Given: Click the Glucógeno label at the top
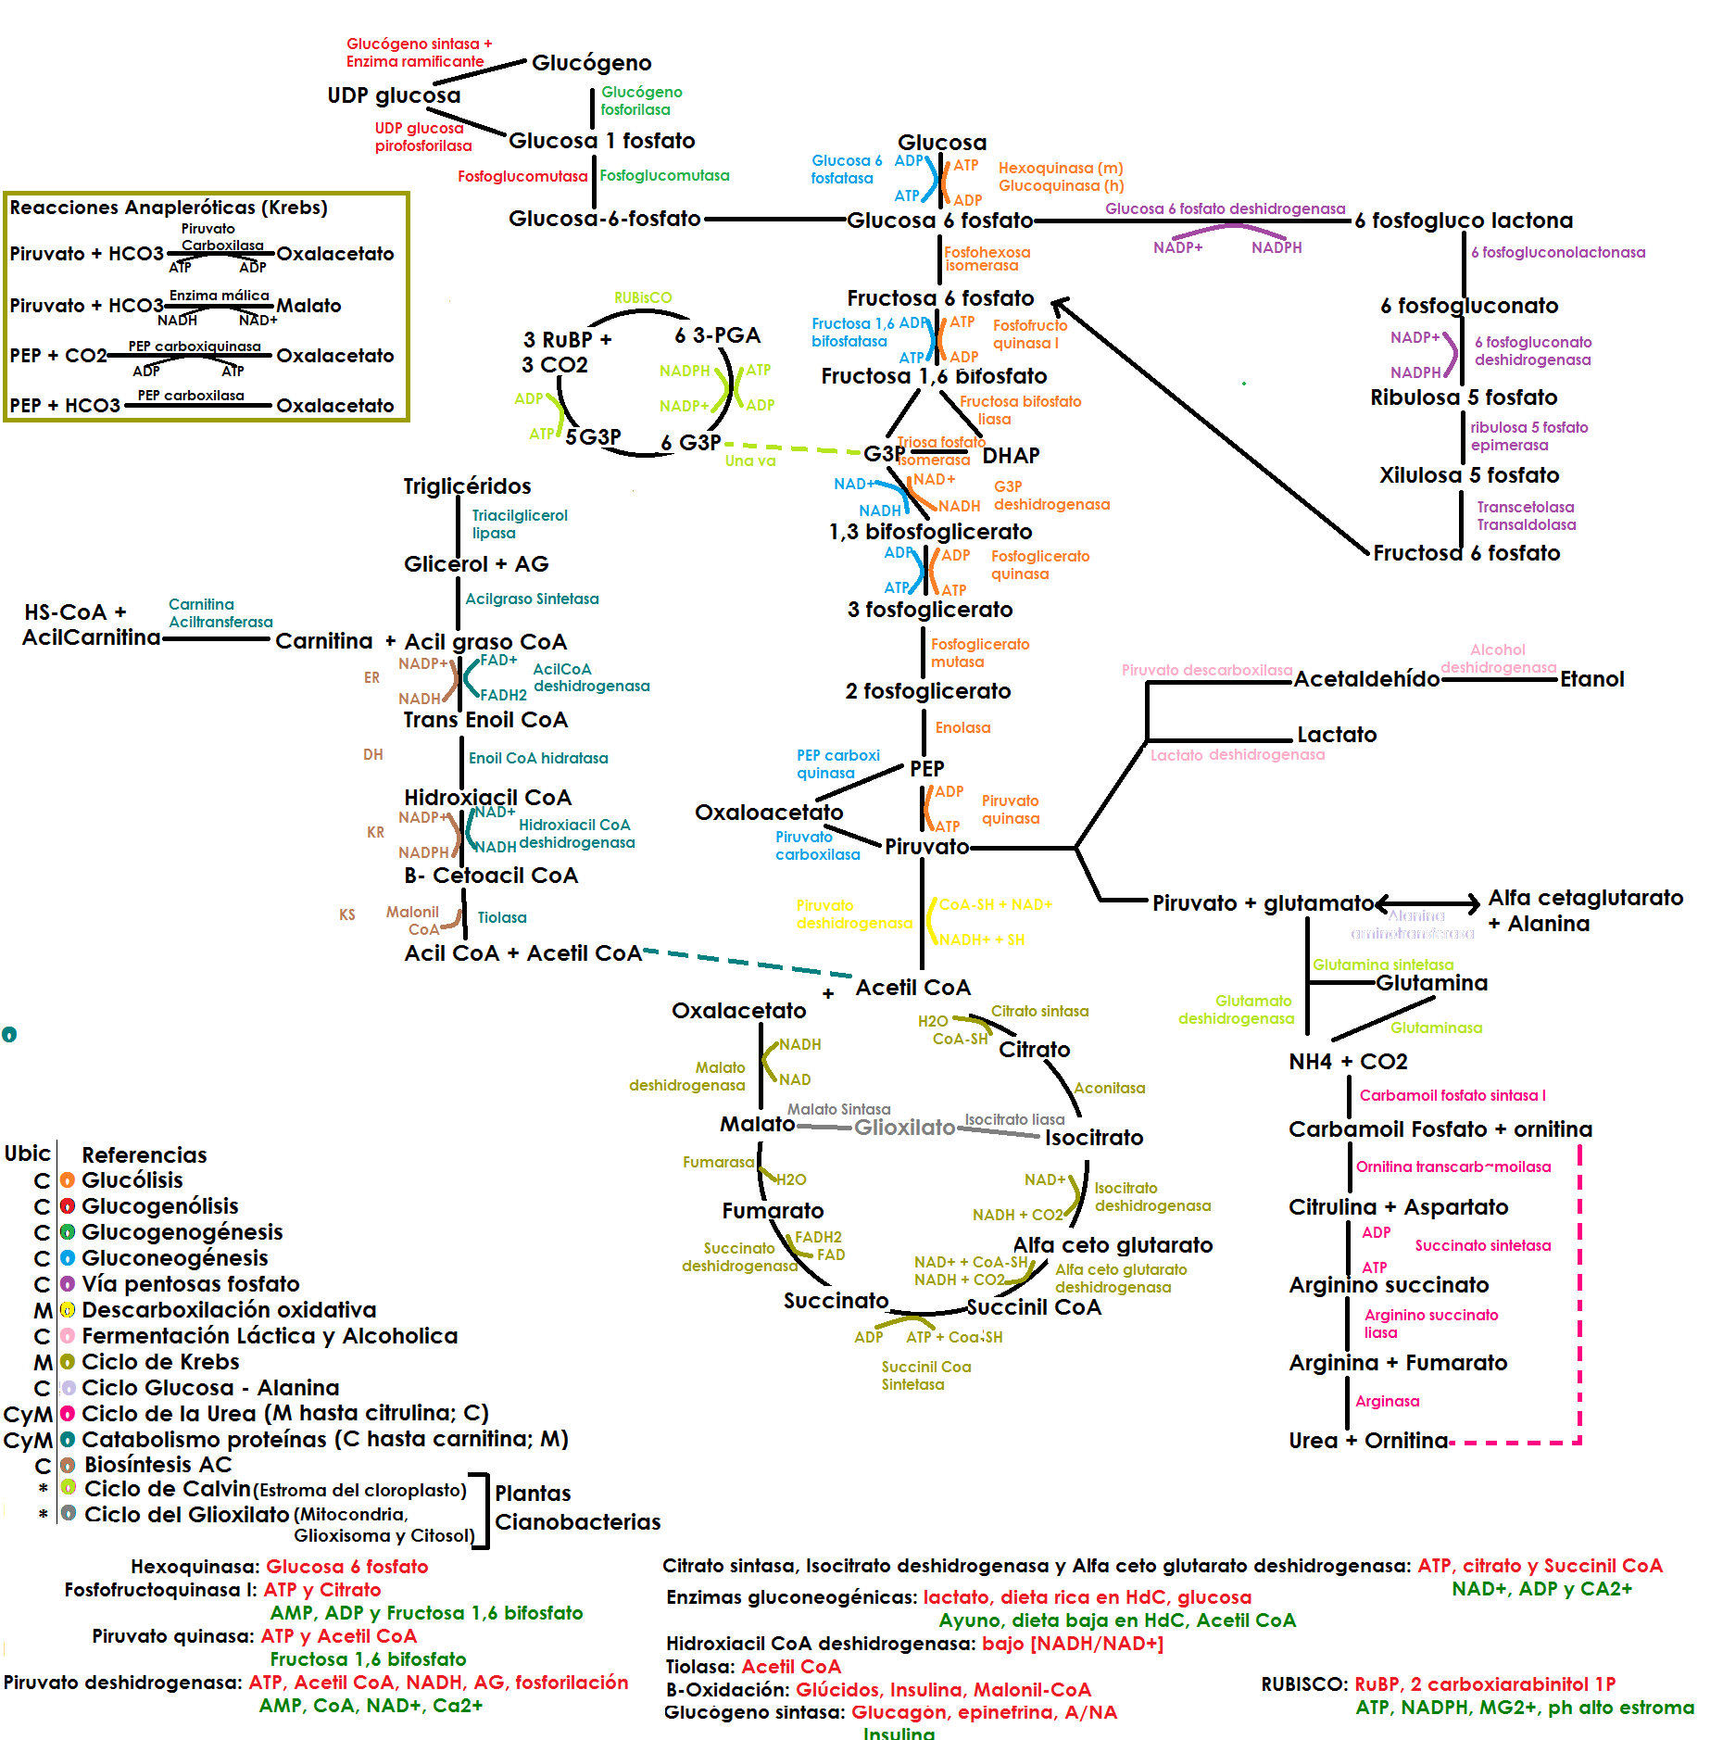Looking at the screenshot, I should (591, 63).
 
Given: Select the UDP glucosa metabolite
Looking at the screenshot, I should (393, 95).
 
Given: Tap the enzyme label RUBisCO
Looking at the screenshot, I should (643, 297).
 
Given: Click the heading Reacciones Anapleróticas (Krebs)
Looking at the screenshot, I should (169, 208).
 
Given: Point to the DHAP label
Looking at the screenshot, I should (1011, 456).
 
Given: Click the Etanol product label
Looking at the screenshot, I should (1591, 679).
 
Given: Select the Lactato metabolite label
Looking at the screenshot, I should (1336, 735).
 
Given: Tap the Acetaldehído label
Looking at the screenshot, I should (1366, 679).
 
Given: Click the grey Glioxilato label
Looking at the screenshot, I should (904, 1128).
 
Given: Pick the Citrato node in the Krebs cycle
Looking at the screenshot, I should (1034, 1050).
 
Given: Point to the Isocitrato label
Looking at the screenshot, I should (1094, 1138).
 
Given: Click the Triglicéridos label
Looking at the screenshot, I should (467, 486).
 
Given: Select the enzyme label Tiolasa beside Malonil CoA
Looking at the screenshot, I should (502, 917).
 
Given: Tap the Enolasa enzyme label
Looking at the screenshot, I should (962, 728).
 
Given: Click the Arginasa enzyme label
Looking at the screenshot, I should (1387, 1401).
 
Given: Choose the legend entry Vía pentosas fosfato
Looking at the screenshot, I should (190, 1284).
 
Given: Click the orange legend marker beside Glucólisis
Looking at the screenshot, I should (67, 1180).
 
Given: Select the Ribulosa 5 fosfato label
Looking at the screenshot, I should (1464, 397).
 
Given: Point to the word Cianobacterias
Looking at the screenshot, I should (577, 1522).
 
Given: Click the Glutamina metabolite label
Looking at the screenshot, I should (1431, 983).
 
